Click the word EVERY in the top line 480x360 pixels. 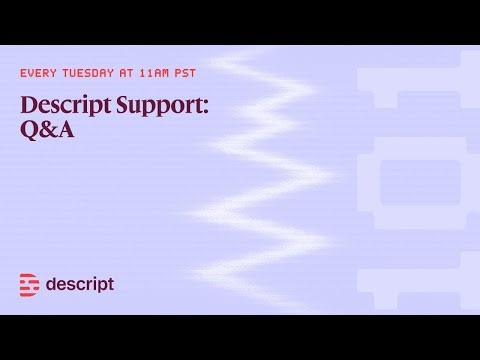click(x=39, y=73)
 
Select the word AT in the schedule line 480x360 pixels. click(x=136, y=73)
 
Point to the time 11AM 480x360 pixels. click(x=166, y=73)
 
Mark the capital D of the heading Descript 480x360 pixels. click(x=27, y=105)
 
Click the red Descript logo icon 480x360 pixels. click(x=30, y=285)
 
